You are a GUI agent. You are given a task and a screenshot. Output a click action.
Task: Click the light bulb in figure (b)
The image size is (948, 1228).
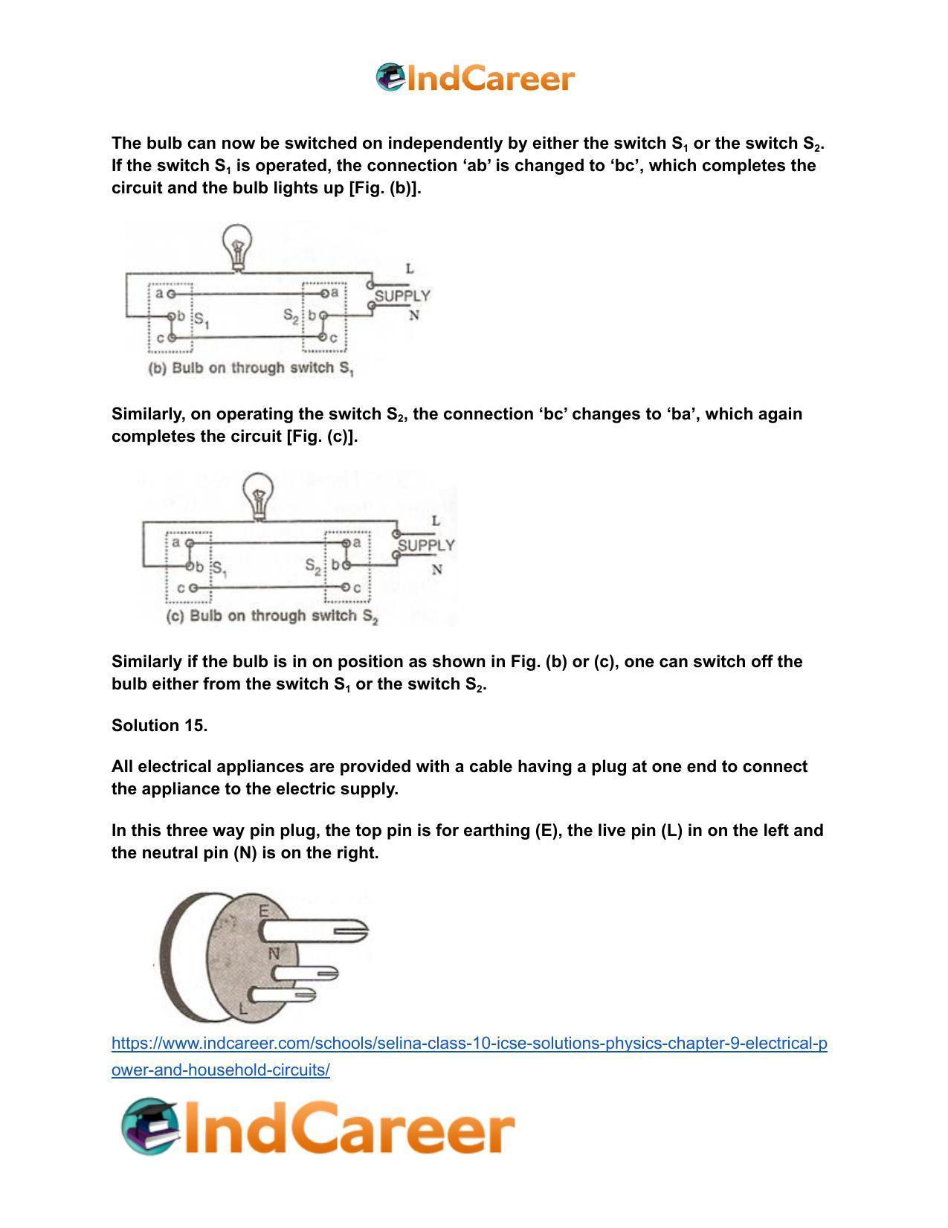[x=237, y=245]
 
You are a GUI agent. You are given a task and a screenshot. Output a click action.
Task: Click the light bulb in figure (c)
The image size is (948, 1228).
[x=259, y=494]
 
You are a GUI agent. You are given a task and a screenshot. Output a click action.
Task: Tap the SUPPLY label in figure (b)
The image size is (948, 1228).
[x=402, y=296]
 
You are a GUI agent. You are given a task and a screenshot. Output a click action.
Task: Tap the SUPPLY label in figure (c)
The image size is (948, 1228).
[x=426, y=545]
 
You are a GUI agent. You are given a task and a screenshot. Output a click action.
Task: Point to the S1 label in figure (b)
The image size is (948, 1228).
[x=201, y=322]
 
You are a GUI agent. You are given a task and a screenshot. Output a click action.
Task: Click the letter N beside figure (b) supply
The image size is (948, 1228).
[x=414, y=315]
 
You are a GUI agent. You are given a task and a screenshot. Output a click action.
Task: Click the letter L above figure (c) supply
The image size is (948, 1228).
[x=436, y=521]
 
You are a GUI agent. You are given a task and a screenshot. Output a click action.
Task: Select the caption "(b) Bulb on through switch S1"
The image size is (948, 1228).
[x=251, y=368]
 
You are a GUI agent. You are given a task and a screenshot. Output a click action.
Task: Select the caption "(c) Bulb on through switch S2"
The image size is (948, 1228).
[x=272, y=617]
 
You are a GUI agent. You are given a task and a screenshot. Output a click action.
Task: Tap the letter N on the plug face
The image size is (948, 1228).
[x=274, y=953]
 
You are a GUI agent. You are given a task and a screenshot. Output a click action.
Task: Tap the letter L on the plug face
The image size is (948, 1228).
[x=242, y=1010]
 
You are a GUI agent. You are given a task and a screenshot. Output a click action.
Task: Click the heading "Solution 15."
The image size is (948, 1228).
[x=159, y=725]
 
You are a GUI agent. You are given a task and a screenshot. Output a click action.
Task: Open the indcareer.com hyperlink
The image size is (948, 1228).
[x=468, y=1044]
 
